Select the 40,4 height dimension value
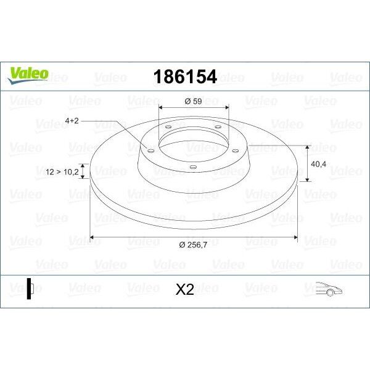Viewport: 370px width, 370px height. point(319,164)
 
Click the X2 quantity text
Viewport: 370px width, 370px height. point(184,289)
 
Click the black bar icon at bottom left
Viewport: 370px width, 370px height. point(28,289)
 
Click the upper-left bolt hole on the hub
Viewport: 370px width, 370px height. point(168,128)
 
